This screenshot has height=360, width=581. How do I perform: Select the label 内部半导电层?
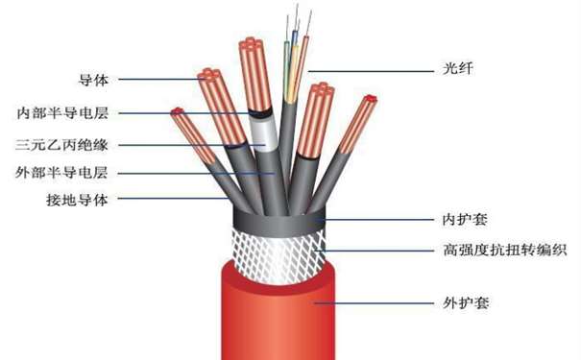pyautogui.click(x=67, y=112)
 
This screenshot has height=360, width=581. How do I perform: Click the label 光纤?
pyautogui.click(x=452, y=69)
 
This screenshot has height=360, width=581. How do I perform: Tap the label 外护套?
pyautogui.click(x=465, y=301)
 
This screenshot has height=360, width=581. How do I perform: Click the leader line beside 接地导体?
pyautogui.click(x=173, y=200)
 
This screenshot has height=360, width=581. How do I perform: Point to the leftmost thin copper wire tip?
pyautogui.click(x=177, y=113)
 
